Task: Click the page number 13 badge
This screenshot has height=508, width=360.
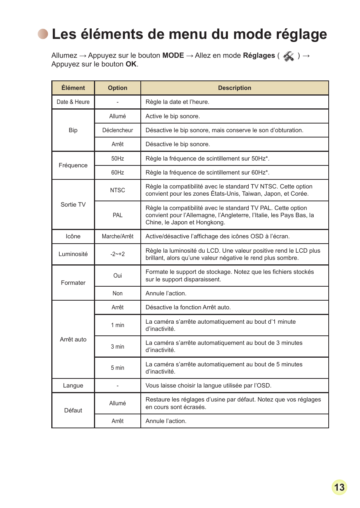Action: pos(339,487)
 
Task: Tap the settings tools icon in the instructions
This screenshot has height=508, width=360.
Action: pos(289,56)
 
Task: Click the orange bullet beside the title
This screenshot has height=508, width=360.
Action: pos(43,34)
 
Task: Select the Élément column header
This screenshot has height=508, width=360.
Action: pos(73,88)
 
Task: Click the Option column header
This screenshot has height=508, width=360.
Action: pos(117,88)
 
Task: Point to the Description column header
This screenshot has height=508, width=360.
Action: pos(234,88)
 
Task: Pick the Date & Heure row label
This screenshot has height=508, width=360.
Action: pos(73,102)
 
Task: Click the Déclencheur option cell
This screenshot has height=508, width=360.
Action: pos(117,130)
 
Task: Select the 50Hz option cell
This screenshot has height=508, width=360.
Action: pos(117,159)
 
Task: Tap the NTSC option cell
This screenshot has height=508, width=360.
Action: pos(117,190)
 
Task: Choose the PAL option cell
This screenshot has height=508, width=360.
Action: pos(117,215)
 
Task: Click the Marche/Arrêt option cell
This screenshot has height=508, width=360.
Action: pos(117,236)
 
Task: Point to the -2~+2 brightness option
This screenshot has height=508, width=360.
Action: pos(117,254)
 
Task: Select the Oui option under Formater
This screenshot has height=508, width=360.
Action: pos(117,276)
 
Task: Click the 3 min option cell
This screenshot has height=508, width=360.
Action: pos(117,347)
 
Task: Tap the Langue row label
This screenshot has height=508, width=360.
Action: pos(73,386)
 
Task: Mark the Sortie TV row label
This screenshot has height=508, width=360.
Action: pos(73,205)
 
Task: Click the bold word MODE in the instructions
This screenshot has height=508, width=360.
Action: pos(173,56)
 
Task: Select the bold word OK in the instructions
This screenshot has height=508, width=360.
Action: pos(131,64)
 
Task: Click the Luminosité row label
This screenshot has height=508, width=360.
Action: pos(73,254)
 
